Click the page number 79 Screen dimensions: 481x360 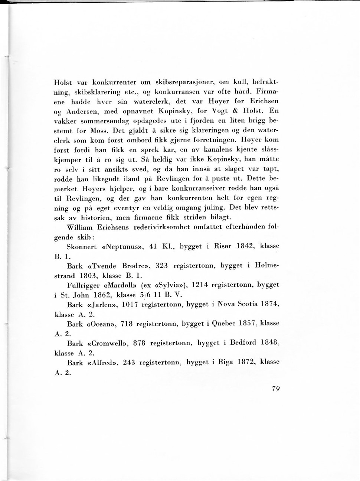(275, 389)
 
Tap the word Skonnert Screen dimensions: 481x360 (82, 247)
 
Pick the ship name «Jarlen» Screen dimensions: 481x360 (105, 305)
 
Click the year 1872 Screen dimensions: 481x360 (246, 362)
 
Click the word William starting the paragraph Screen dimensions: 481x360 (79, 227)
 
